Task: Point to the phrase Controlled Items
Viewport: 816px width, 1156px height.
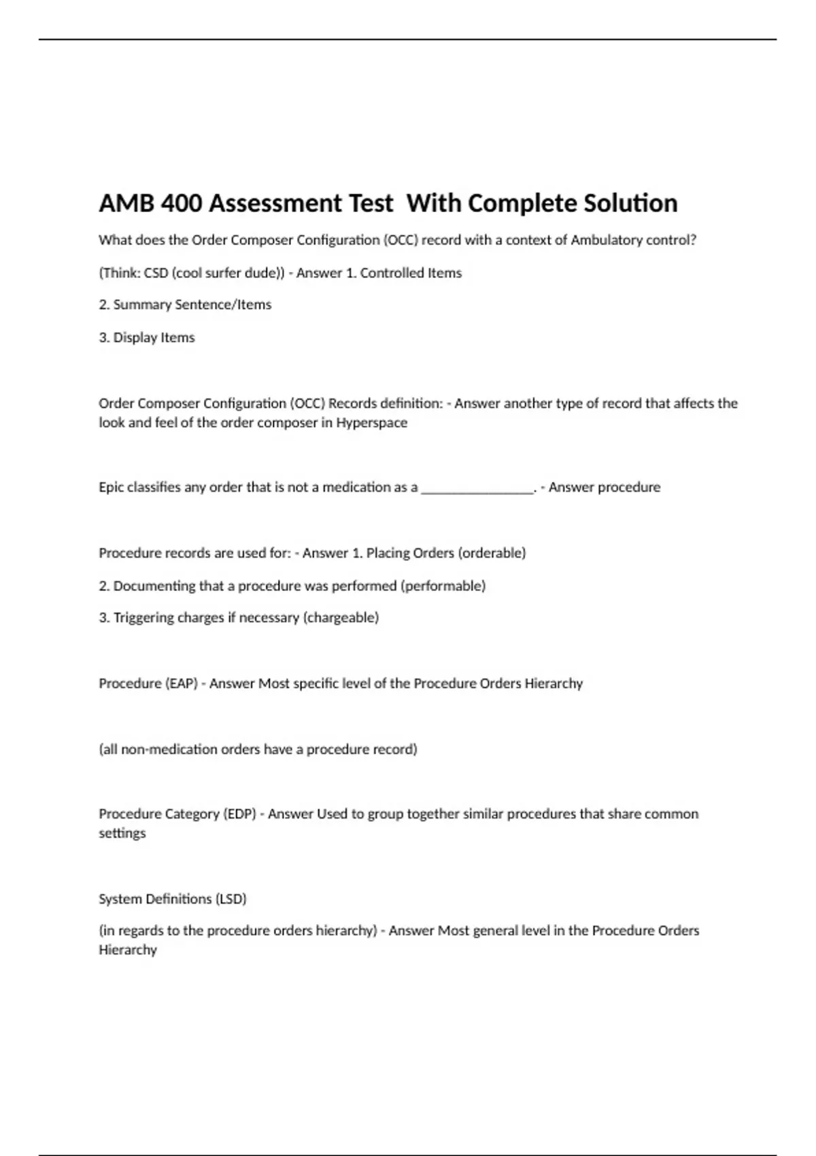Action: (411, 273)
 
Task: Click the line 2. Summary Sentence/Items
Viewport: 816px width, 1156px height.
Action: (185, 305)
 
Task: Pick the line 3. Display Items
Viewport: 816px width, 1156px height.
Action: (147, 337)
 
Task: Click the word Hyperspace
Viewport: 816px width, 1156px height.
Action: (371, 422)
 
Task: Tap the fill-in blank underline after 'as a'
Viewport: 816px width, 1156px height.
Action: (477, 488)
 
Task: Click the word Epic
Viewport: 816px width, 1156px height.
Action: (112, 487)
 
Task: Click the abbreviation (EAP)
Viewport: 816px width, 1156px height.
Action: (181, 683)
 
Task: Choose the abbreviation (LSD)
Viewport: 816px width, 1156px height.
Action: (231, 899)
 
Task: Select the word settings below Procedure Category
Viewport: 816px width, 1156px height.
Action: (122, 833)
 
